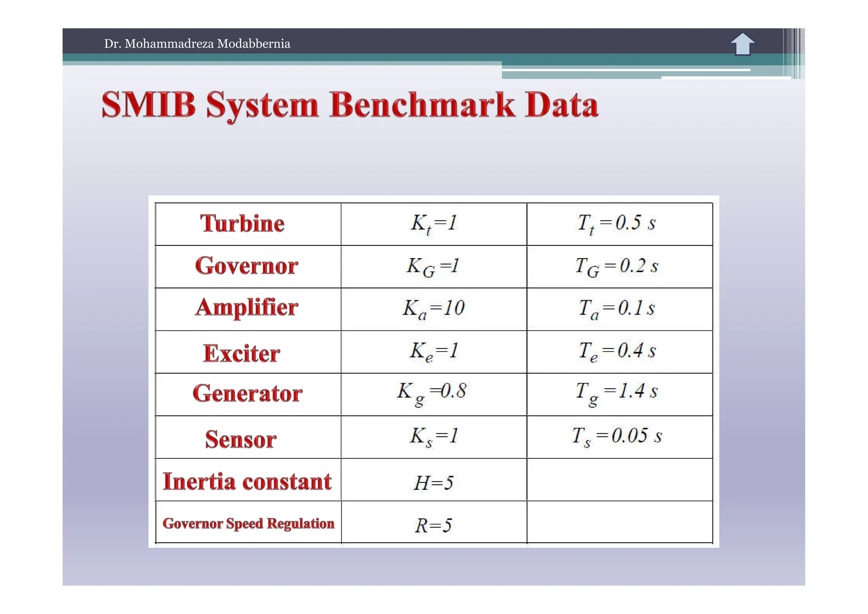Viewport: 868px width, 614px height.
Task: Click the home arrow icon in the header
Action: click(x=742, y=44)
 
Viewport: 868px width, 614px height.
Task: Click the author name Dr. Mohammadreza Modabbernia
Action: click(x=197, y=44)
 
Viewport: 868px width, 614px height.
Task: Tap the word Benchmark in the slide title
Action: click(x=422, y=105)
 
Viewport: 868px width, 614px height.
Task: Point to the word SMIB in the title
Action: click(x=149, y=105)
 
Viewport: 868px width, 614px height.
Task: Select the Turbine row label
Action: click(x=242, y=223)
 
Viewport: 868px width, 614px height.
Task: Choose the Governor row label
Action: click(x=247, y=266)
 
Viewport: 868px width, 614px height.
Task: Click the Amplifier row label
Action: click(x=247, y=307)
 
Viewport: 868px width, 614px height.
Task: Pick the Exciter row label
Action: click(x=242, y=353)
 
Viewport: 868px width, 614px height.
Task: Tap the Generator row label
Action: click(x=248, y=394)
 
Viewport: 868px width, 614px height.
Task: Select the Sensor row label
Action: click(x=241, y=439)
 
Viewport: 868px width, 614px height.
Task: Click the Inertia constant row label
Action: click(x=247, y=482)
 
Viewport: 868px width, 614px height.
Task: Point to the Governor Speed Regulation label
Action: click(x=248, y=523)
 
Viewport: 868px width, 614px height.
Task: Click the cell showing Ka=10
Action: click(x=434, y=309)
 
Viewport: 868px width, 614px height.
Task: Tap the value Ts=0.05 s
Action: click(x=617, y=436)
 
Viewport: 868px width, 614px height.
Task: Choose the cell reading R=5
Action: click(x=433, y=525)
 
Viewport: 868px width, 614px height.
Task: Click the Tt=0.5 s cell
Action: click(x=617, y=223)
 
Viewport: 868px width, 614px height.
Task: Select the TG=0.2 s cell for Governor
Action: click(x=617, y=267)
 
